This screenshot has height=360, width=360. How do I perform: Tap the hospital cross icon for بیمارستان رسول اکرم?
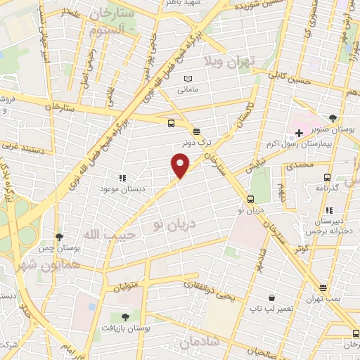pyautogui.click(x=299, y=133)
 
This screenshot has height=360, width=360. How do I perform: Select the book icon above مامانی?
pyautogui.click(x=187, y=79)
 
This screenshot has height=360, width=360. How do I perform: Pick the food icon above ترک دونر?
pyautogui.click(x=196, y=131)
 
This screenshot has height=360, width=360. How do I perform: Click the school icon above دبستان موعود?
pyautogui.click(x=122, y=179)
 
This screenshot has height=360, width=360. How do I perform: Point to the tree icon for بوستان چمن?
pyautogui.click(x=59, y=237)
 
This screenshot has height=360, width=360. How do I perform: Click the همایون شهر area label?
pyautogui.click(x=29, y=260)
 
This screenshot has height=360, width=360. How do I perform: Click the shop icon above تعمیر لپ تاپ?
pyautogui.click(x=271, y=297)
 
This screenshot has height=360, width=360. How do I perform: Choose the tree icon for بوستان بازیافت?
pyautogui.click(x=125, y=317)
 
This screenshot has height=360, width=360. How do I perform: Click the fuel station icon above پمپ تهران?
pyautogui.click(x=323, y=288)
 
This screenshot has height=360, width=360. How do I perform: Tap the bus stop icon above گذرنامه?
pyautogui.click(x=326, y=177)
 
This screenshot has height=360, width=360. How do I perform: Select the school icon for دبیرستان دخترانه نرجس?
pyautogui.click(x=329, y=210)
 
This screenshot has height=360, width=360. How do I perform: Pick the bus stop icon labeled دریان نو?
pyautogui.click(x=251, y=198)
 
